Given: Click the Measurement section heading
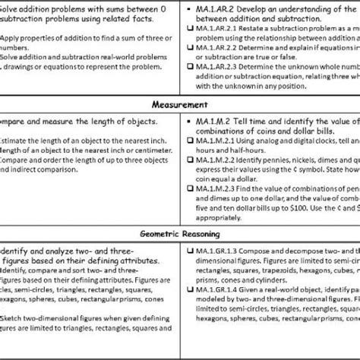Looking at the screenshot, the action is coord(179,103).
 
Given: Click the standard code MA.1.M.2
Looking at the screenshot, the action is coord(213,119).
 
